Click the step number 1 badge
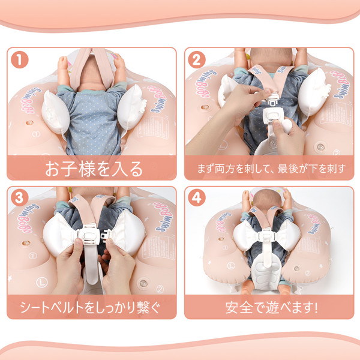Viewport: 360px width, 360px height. [x=20, y=59]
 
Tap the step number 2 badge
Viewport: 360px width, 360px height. [x=197, y=59]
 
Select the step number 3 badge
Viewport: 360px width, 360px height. [x=20, y=197]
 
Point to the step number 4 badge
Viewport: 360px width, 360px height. [x=197, y=197]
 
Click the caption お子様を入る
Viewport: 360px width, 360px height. [x=94, y=169]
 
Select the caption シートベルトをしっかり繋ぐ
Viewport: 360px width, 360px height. [x=90, y=307]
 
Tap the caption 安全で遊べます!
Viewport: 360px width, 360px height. [x=271, y=307]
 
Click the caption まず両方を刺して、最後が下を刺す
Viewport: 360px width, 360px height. [x=271, y=169]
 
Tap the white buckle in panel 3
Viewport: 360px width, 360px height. [x=90, y=235]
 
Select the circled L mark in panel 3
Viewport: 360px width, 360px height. [x=42, y=282]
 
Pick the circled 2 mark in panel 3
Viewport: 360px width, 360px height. [x=160, y=289]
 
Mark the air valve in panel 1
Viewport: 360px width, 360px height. [x=29, y=122]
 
